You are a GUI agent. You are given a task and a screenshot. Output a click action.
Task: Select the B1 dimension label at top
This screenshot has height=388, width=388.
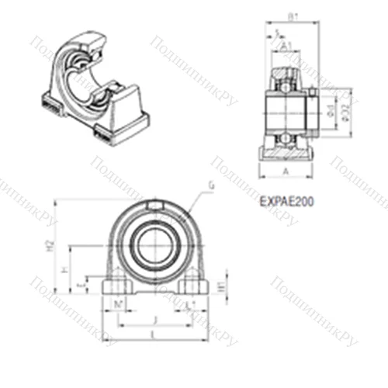tap(293, 16)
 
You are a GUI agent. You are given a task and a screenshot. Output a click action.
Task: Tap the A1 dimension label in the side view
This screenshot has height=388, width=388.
tap(286, 46)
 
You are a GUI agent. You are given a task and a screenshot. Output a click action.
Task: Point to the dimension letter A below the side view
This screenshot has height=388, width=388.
tap(287, 171)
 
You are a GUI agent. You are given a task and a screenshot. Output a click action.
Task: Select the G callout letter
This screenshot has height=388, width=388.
tap(212, 185)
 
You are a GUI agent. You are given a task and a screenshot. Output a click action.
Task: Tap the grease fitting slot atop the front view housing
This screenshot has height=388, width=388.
tap(154, 206)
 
